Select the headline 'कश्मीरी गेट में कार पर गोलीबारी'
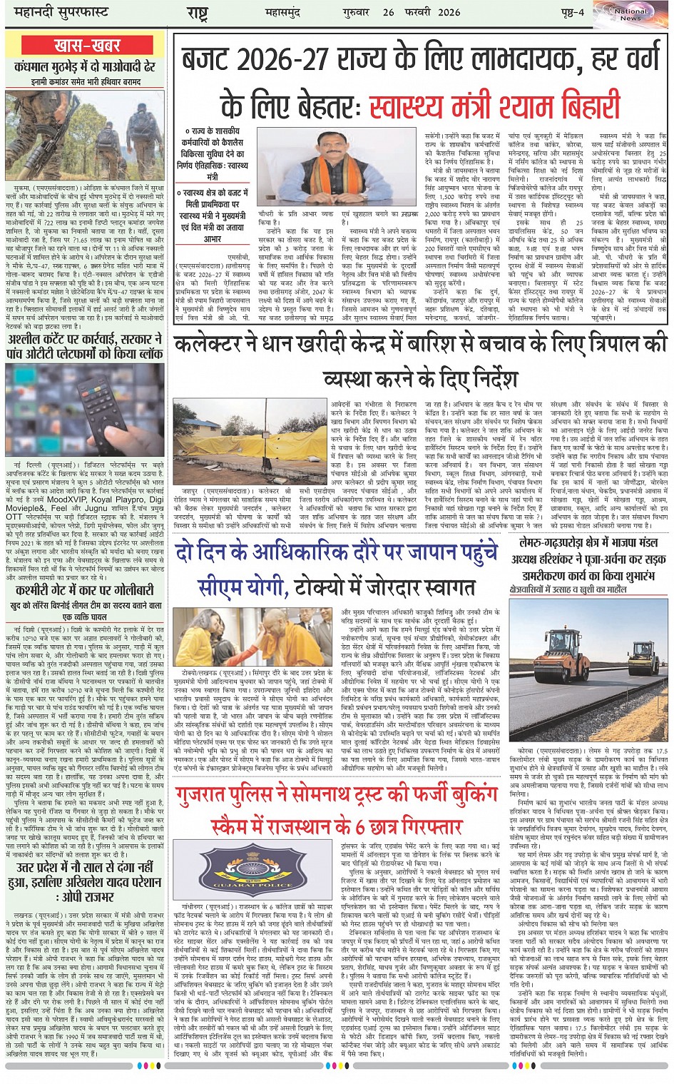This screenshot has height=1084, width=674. [86, 591]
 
